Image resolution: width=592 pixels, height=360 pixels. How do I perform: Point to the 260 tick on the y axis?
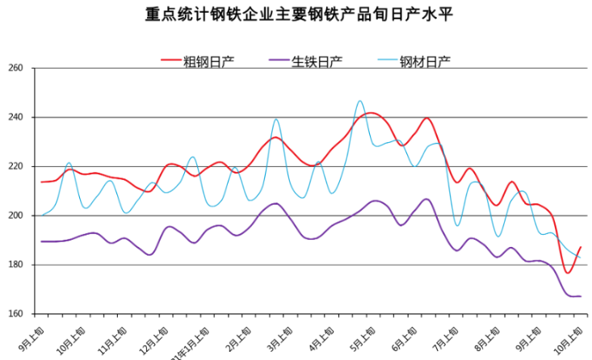click(14, 68)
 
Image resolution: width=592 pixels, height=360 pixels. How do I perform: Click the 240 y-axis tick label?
click(14, 117)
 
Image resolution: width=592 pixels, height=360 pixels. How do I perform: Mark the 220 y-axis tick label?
click(14, 166)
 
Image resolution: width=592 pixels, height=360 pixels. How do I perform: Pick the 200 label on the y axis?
click(14, 216)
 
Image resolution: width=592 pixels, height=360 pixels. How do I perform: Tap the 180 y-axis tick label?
click(14, 265)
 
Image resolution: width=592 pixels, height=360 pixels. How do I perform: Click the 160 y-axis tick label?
click(14, 314)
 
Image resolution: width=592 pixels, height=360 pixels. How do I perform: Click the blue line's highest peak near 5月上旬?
click(360, 101)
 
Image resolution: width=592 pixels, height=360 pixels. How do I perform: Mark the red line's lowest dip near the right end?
click(568, 273)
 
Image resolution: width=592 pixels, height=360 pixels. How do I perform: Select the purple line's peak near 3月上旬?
click(275, 203)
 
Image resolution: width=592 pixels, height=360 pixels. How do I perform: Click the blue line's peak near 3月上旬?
click(276, 119)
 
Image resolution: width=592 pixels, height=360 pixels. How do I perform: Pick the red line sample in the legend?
click(170, 61)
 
